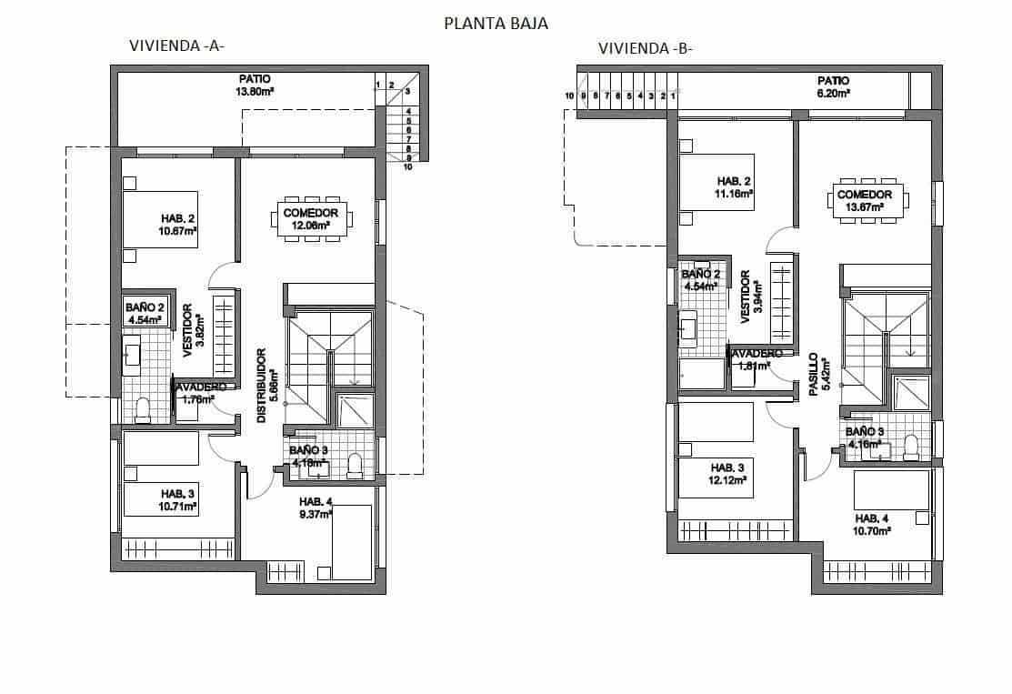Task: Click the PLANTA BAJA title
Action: coord(496,24)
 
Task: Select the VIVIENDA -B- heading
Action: coord(645,49)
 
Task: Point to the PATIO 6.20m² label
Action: coord(833,86)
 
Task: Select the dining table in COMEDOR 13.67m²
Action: coord(865,200)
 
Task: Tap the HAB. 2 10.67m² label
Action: coord(179,225)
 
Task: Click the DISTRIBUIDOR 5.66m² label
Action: coord(265,386)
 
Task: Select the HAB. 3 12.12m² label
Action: coord(728,474)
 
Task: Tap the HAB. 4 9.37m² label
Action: coord(316,508)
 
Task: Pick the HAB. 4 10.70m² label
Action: coord(872,524)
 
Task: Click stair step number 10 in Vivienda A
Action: coord(408,166)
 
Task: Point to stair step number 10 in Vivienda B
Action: coord(569,96)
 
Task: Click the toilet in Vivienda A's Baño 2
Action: coord(142,410)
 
